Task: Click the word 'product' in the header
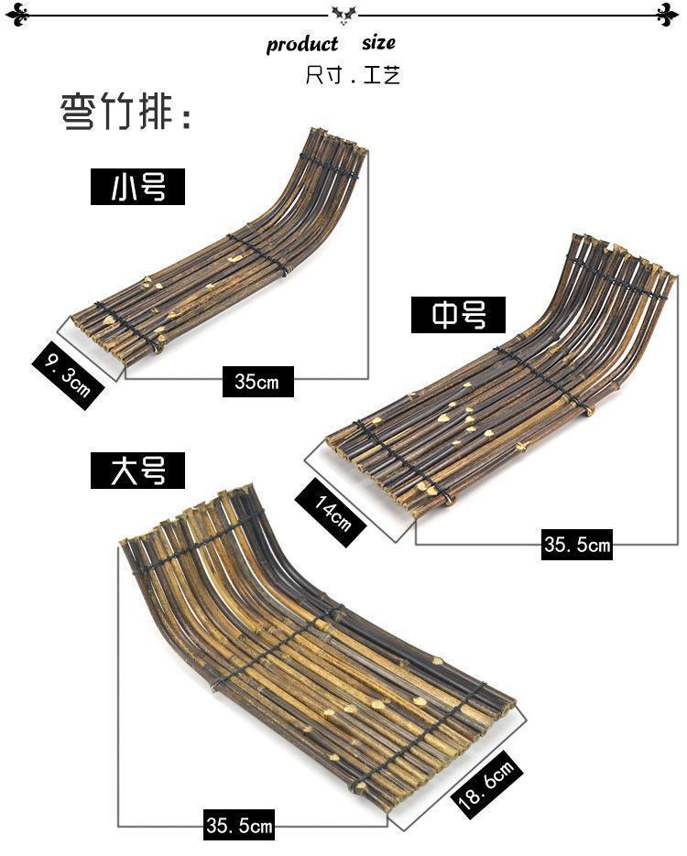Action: coord(302,45)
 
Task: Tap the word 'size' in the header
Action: coord(378,43)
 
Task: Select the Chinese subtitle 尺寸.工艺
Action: coord(353,74)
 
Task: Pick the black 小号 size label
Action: coord(138,187)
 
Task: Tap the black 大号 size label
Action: coord(138,471)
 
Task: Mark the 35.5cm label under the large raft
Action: coord(239,827)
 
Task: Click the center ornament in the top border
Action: coord(343,14)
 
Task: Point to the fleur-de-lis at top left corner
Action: coord(16,14)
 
